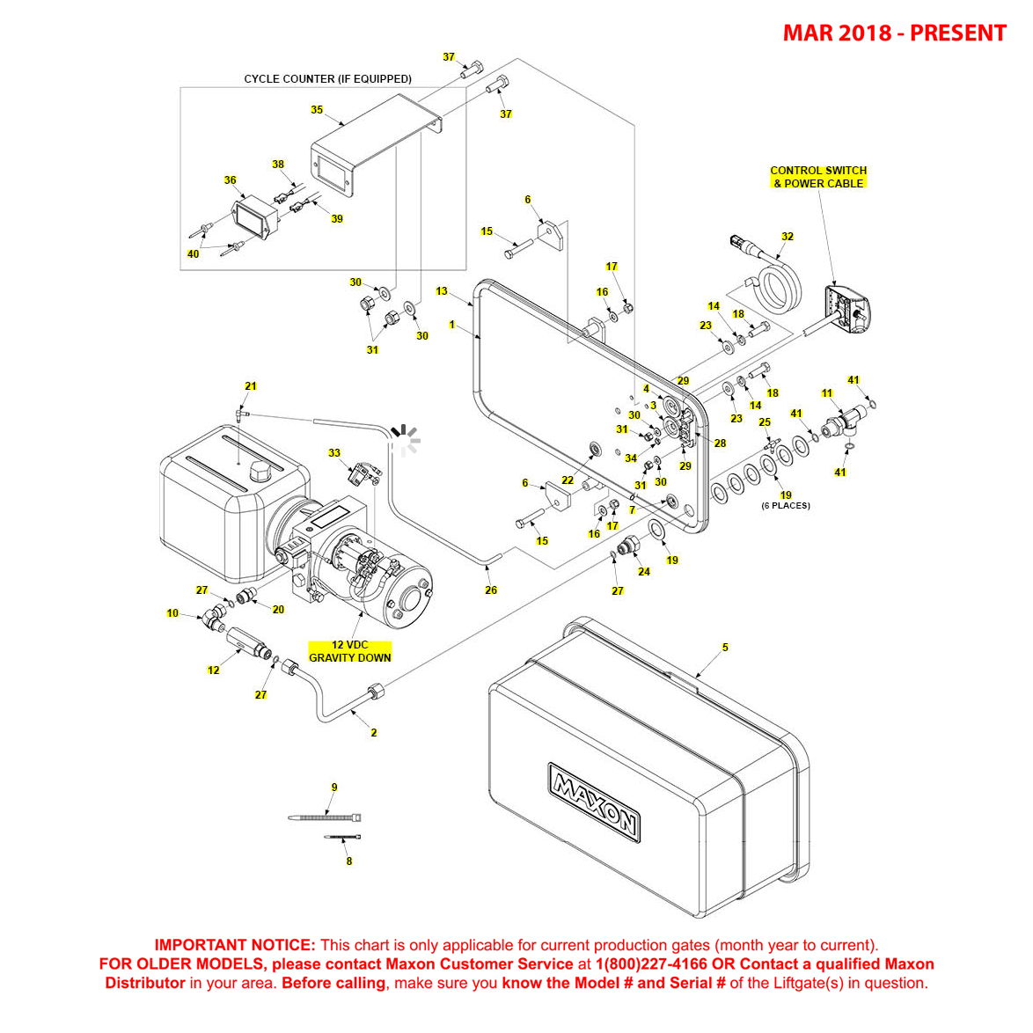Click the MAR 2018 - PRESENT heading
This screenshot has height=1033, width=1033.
pyautogui.click(x=894, y=33)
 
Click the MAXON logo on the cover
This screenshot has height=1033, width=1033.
pyautogui.click(x=594, y=801)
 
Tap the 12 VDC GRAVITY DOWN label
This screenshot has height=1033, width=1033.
pyautogui.click(x=349, y=651)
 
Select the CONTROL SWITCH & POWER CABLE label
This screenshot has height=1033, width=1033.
pyautogui.click(x=818, y=177)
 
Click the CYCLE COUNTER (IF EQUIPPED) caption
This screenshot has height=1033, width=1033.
pyautogui.click(x=327, y=79)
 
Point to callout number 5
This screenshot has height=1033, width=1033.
pyautogui.click(x=725, y=647)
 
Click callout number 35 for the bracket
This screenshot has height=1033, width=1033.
pyautogui.click(x=317, y=110)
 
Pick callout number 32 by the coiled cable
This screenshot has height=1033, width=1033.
pyautogui.click(x=788, y=236)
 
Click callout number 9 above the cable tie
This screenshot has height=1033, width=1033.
pyautogui.click(x=334, y=788)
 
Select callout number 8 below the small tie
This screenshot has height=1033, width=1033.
pyautogui.click(x=349, y=861)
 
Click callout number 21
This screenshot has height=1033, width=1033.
pyautogui.click(x=251, y=386)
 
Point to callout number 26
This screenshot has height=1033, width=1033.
pyautogui.click(x=491, y=590)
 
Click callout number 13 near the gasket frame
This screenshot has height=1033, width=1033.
pyautogui.click(x=442, y=291)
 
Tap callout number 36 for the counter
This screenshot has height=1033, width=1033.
pyautogui.click(x=230, y=180)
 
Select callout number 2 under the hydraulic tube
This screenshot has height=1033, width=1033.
pyautogui.click(x=374, y=732)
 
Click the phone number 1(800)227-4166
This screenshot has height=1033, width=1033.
pyautogui.click(x=651, y=964)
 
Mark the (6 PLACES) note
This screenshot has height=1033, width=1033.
pyautogui.click(x=786, y=506)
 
